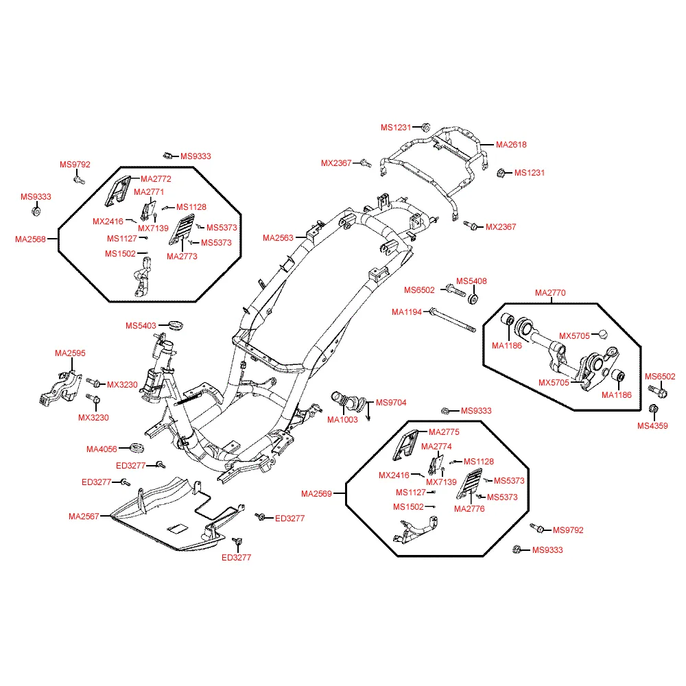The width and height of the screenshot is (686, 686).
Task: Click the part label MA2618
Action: [511, 145]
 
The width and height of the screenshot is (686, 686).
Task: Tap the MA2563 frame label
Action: [278, 238]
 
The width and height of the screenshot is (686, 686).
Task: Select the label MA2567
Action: [84, 517]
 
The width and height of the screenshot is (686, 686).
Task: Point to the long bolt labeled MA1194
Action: [453, 320]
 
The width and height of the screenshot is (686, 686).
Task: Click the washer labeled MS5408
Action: [473, 300]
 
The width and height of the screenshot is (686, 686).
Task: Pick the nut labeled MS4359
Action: [653, 409]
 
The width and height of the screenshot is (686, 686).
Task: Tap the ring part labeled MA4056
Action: [137, 448]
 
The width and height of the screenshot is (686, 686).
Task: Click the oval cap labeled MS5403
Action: [176, 325]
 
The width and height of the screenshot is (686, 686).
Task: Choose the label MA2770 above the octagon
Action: [550, 293]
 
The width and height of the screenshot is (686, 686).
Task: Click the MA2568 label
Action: [30, 239]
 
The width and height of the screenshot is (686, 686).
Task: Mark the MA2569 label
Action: [316, 494]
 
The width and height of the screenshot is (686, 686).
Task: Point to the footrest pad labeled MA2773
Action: [182, 229]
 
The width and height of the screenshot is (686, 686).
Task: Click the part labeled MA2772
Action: [118, 191]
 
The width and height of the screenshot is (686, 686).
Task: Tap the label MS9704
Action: [391, 403]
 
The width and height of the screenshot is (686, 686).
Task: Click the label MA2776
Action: [469, 509]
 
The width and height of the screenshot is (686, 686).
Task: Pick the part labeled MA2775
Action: [405, 445]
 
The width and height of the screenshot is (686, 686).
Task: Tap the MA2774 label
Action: [436, 447]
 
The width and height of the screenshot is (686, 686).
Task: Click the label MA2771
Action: [149, 192]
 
